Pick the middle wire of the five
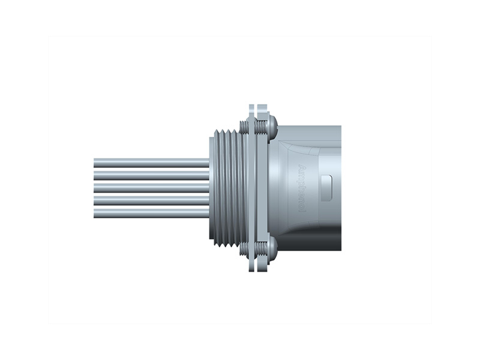(150, 187)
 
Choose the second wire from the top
(150, 175)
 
